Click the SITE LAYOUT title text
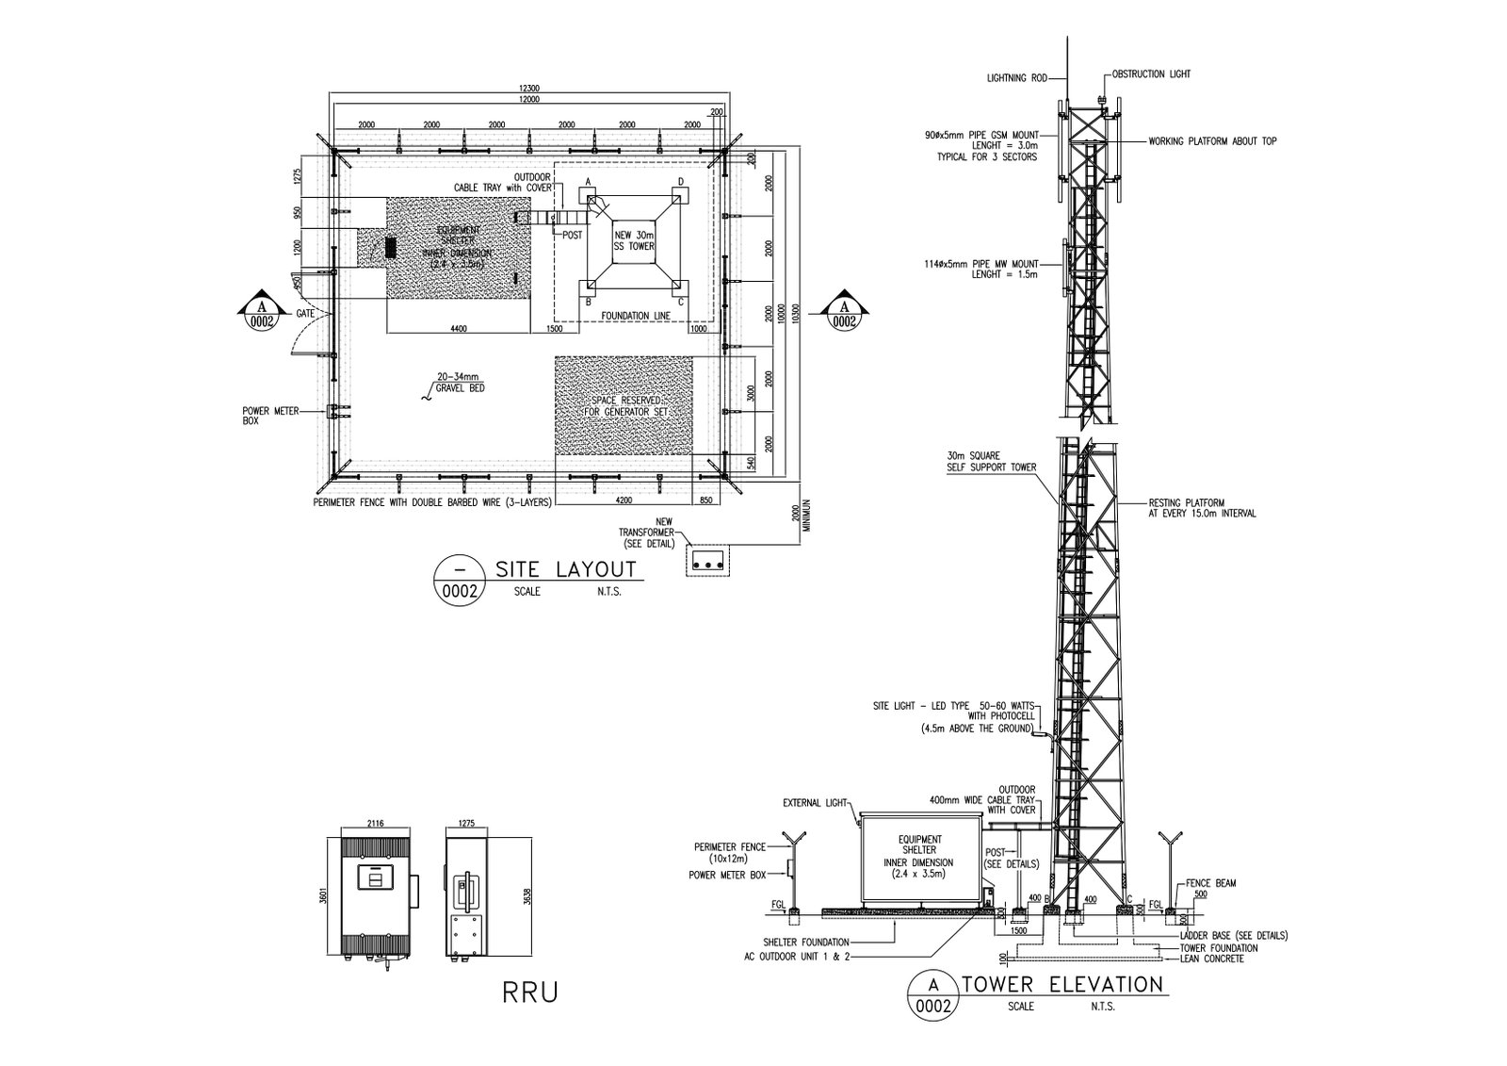tap(565, 569)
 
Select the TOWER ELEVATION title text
tap(1063, 984)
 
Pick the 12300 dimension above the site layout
tap(528, 88)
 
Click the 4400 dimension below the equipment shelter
tap(458, 329)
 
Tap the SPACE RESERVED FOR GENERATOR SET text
tap(623, 406)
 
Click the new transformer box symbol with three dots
tap(708, 562)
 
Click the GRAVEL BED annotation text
tap(460, 387)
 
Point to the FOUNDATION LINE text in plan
tap(636, 315)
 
